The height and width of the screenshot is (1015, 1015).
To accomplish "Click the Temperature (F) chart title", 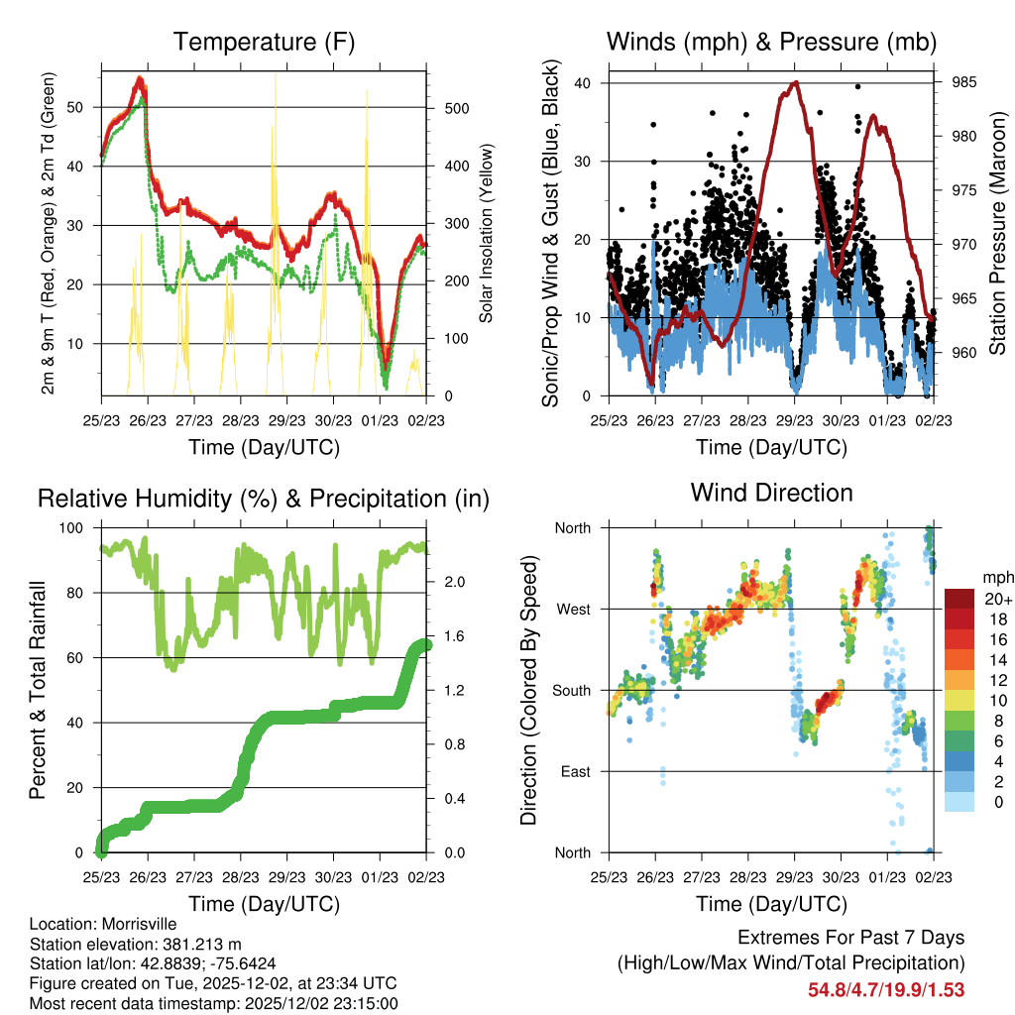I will pyautogui.click(x=264, y=42).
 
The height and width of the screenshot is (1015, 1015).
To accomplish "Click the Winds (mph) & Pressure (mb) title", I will pyautogui.click(x=771, y=42).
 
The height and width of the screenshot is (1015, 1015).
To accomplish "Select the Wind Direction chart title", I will pyautogui.click(x=771, y=492).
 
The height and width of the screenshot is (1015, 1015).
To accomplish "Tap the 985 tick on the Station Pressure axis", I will pyautogui.click(x=963, y=82).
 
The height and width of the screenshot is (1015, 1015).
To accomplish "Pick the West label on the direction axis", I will pyautogui.click(x=572, y=609).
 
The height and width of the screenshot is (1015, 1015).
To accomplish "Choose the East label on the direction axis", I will pyautogui.click(x=574, y=771).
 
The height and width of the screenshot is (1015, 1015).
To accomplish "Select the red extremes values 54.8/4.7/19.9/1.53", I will pyautogui.click(x=887, y=989).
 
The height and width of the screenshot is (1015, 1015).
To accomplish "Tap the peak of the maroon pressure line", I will pyautogui.click(x=793, y=83).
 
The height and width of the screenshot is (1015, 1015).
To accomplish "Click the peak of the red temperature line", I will pyautogui.click(x=141, y=77).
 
